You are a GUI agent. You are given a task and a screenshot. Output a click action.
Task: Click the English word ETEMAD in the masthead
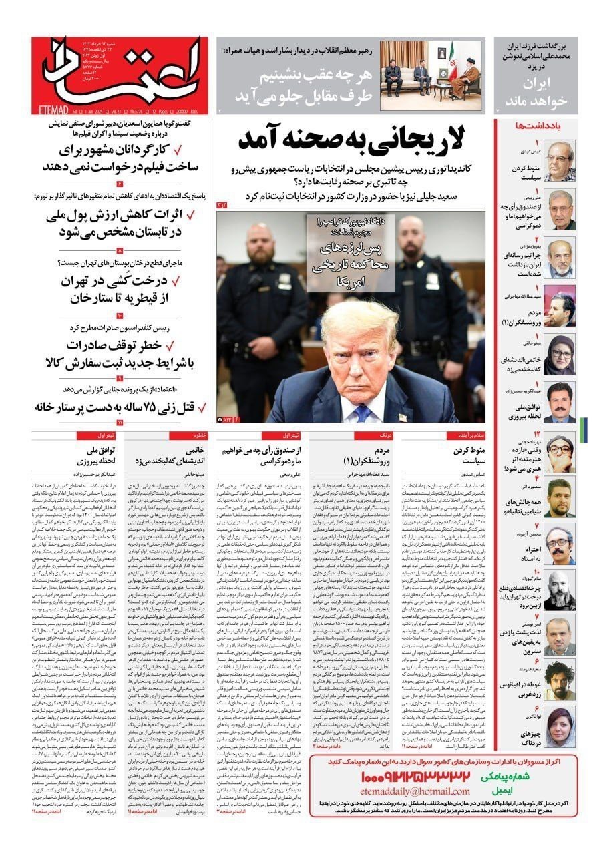tap(63, 105)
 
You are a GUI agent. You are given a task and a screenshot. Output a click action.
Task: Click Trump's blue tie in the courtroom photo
tap(361, 413)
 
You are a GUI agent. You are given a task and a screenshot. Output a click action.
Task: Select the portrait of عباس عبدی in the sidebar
tap(560, 161)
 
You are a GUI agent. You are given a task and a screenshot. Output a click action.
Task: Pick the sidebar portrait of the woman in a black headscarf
tap(560, 355)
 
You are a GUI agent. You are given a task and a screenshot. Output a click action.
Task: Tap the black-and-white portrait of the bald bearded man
tap(560, 588)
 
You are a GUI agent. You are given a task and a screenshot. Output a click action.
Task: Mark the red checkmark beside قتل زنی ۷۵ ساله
tap(190, 407)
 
